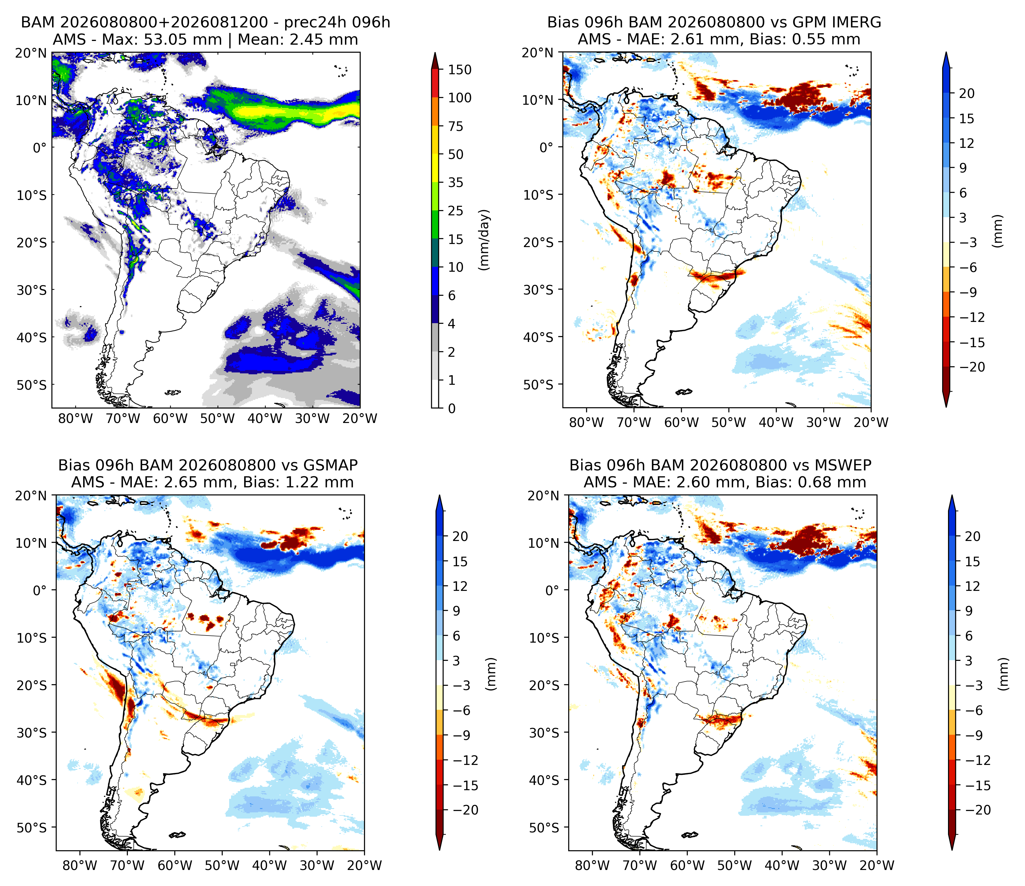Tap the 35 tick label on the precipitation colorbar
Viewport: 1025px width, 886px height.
(x=456, y=183)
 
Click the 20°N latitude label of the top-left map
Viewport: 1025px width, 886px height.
(x=31, y=53)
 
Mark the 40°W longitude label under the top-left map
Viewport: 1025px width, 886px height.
(x=265, y=419)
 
